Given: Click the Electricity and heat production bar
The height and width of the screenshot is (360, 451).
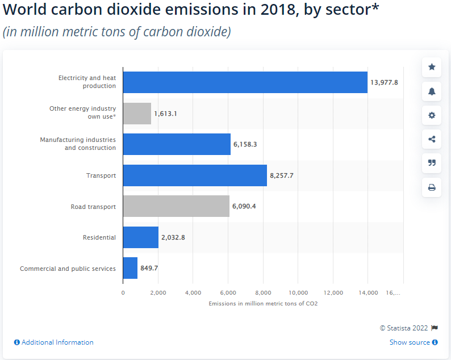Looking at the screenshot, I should tap(245, 82).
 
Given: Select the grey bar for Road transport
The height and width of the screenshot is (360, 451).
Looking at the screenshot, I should tap(176, 206).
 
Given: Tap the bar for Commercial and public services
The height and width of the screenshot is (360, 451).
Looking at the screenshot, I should tap(130, 268).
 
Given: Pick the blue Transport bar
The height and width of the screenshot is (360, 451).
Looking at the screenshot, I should tap(195, 175).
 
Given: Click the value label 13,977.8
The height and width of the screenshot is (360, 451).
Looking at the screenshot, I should tap(384, 82).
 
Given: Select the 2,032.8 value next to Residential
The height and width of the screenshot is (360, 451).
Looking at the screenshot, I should tap(173, 237).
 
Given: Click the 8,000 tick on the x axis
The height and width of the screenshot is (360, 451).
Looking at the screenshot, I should tap(263, 293).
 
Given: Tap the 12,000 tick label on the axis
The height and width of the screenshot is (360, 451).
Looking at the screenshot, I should tap(333, 293).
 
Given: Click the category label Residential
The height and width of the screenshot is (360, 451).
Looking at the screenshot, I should tap(99, 237).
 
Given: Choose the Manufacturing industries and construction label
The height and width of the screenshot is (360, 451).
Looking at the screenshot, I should tap(78, 144).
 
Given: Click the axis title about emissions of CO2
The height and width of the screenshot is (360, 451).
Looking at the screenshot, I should tap(262, 304).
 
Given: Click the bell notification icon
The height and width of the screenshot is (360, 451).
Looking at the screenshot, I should tap(432, 91).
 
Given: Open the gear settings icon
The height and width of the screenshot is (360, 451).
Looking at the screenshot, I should tap(432, 115).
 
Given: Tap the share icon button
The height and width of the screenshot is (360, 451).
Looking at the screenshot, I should tap(432, 139).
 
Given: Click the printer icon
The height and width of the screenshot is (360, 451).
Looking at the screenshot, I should tap(432, 187).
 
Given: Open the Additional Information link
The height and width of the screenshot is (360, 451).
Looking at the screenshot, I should tap(54, 342).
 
